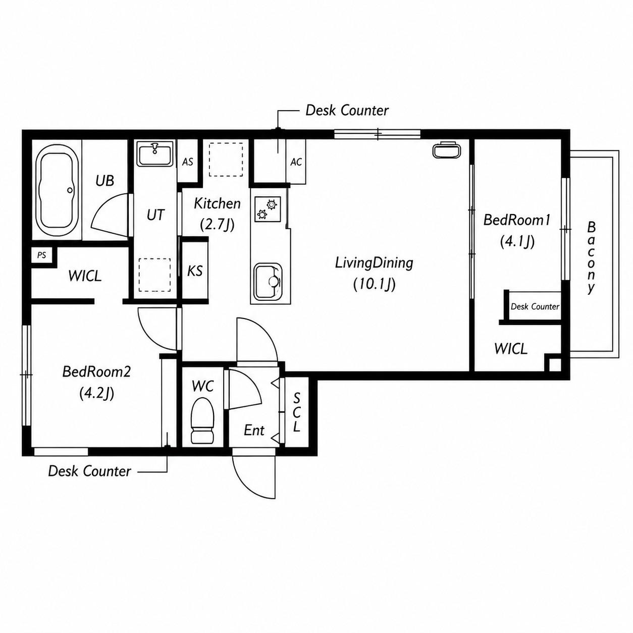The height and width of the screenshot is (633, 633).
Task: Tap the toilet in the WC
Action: click(x=202, y=420)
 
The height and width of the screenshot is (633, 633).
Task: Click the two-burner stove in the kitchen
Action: click(x=268, y=209)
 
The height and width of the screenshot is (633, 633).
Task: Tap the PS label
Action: click(x=42, y=255)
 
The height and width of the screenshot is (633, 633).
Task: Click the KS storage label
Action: click(x=195, y=271)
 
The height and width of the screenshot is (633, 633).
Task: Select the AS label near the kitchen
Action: click(x=188, y=162)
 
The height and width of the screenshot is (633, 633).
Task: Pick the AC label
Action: click(x=296, y=162)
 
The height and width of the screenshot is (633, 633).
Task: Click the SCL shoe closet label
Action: click(x=296, y=412)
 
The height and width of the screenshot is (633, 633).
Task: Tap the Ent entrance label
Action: click(x=254, y=430)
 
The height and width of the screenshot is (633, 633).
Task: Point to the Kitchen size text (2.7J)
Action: click(x=217, y=225)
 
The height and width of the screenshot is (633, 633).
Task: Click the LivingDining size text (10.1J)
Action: click(x=374, y=285)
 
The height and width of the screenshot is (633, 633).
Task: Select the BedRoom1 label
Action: click(x=517, y=220)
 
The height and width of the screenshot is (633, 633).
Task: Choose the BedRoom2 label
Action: click(x=96, y=372)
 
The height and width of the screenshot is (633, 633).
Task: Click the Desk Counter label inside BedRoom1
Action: click(x=535, y=306)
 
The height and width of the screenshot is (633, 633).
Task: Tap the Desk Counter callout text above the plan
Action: click(x=347, y=111)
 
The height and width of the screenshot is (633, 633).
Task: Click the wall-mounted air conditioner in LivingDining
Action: click(x=447, y=150)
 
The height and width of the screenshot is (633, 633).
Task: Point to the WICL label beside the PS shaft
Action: click(x=85, y=276)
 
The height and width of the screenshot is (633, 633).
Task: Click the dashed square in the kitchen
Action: click(x=226, y=160)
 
